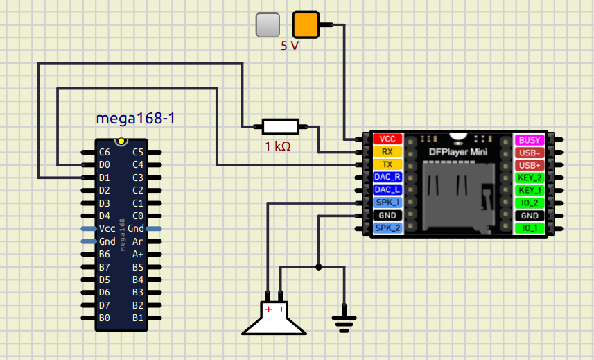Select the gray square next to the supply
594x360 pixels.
(x=268, y=25)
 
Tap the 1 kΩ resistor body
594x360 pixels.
(x=281, y=126)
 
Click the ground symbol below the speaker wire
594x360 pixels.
(x=344, y=320)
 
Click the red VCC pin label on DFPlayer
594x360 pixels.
(x=387, y=139)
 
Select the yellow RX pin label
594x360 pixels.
(x=387, y=151)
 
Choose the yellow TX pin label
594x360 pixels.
(x=387, y=164)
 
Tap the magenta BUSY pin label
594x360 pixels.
(x=530, y=139)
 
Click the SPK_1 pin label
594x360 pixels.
(x=387, y=203)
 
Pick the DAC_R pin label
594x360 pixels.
(x=387, y=177)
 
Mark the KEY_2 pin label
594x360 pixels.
(x=530, y=178)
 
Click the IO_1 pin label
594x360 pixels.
(x=530, y=228)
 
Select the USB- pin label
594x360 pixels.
(x=530, y=153)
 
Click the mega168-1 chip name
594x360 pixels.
(x=135, y=118)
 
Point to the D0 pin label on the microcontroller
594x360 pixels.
(x=105, y=164)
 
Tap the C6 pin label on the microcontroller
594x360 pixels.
(x=105, y=152)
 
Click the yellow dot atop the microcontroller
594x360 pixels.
(x=121, y=142)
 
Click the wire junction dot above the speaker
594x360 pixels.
(x=319, y=266)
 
